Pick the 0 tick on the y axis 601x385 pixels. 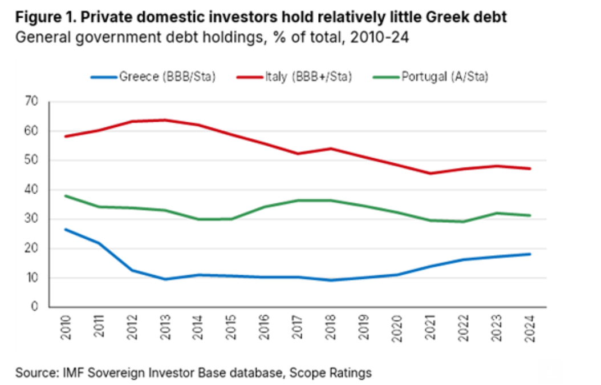(x=34, y=307)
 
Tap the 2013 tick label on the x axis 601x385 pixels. (x=165, y=327)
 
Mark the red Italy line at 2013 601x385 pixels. (x=165, y=120)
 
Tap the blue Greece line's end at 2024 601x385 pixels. (x=530, y=254)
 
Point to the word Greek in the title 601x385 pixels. (x=434, y=17)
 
